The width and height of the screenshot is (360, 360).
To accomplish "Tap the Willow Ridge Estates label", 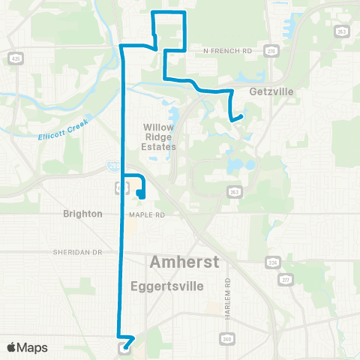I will (159, 137).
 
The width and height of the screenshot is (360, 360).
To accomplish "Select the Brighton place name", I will (82, 214).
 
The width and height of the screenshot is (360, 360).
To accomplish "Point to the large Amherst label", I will (184, 262).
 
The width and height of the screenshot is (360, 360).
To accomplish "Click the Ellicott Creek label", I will (64, 130).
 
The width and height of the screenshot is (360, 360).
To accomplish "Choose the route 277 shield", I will (285, 279).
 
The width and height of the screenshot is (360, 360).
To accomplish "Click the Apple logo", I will (12, 347).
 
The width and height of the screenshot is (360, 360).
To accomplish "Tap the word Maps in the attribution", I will (33, 347).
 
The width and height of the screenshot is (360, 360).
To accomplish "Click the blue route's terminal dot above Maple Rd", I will (140, 193).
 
